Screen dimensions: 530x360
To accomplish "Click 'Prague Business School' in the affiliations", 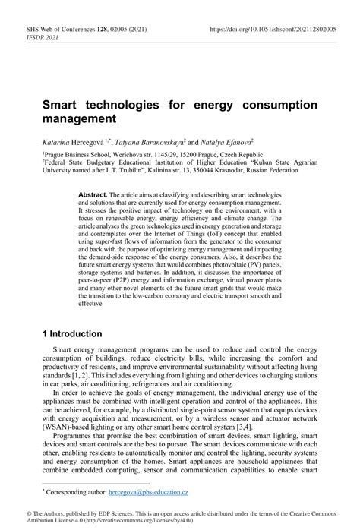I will point(81,153).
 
